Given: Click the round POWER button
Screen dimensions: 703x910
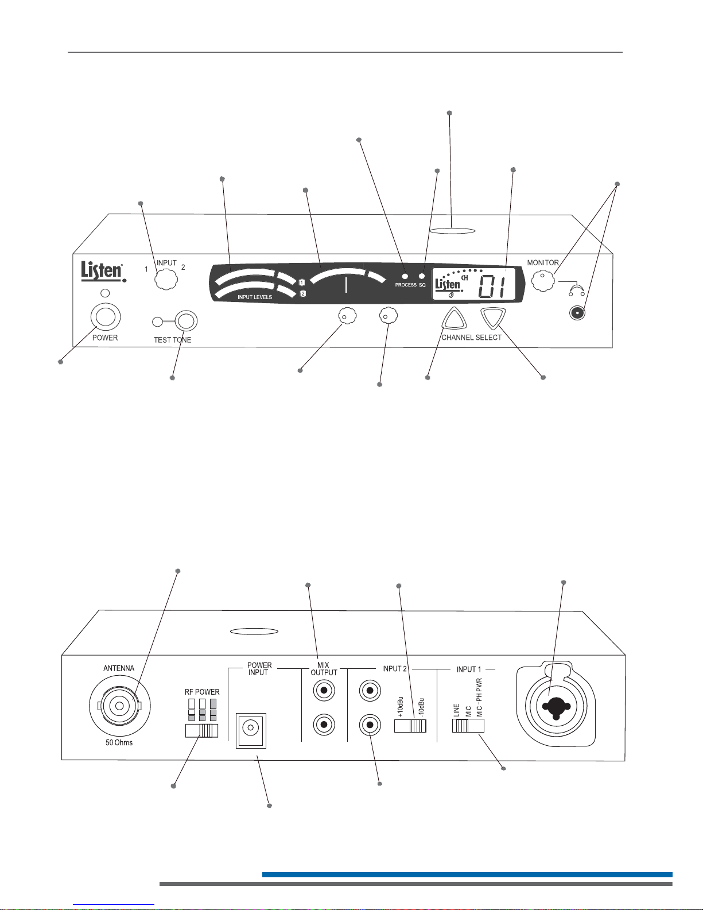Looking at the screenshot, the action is [x=106, y=317].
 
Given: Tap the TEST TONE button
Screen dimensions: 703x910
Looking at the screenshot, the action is [x=186, y=321].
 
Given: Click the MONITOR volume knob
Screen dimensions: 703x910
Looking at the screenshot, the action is [x=543, y=281].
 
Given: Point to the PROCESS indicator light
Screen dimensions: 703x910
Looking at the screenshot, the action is [x=405, y=276].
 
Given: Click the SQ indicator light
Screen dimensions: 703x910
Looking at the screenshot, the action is [x=422, y=276].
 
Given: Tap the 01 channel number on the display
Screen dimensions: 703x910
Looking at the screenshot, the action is [x=492, y=287].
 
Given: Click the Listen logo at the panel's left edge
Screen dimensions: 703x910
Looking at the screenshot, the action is [x=103, y=272].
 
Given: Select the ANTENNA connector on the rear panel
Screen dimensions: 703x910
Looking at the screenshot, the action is [x=120, y=706].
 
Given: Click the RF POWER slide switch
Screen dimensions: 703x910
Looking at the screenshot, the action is [x=201, y=731].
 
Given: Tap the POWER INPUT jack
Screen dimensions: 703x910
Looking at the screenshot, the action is [x=251, y=730].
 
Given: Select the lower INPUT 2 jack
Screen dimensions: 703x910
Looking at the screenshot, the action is [x=370, y=725].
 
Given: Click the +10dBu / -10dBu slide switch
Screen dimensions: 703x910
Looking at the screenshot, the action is [x=410, y=726].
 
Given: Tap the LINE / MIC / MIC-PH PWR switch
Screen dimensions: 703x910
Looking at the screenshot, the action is [x=468, y=726].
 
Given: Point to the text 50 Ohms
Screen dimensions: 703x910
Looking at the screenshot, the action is [x=119, y=742].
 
